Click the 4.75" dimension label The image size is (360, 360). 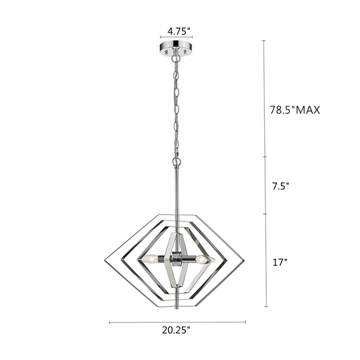tap(179, 31)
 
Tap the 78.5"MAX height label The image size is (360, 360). tap(295, 110)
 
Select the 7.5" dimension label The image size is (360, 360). tap(280, 186)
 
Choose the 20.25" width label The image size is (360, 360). tap(176, 330)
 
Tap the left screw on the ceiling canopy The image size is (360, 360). tap(167, 52)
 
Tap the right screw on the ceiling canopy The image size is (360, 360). tap(186, 52)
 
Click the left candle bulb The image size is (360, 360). tap(148, 258)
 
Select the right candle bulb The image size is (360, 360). tap(204, 258)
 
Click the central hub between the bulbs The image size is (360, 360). tap(176, 258)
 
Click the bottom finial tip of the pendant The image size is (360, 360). tap(176, 308)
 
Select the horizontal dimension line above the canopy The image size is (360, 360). tap(176, 37)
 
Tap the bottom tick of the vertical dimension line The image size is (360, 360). tap(266, 307)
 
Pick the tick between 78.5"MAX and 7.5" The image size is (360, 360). tap(265, 157)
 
